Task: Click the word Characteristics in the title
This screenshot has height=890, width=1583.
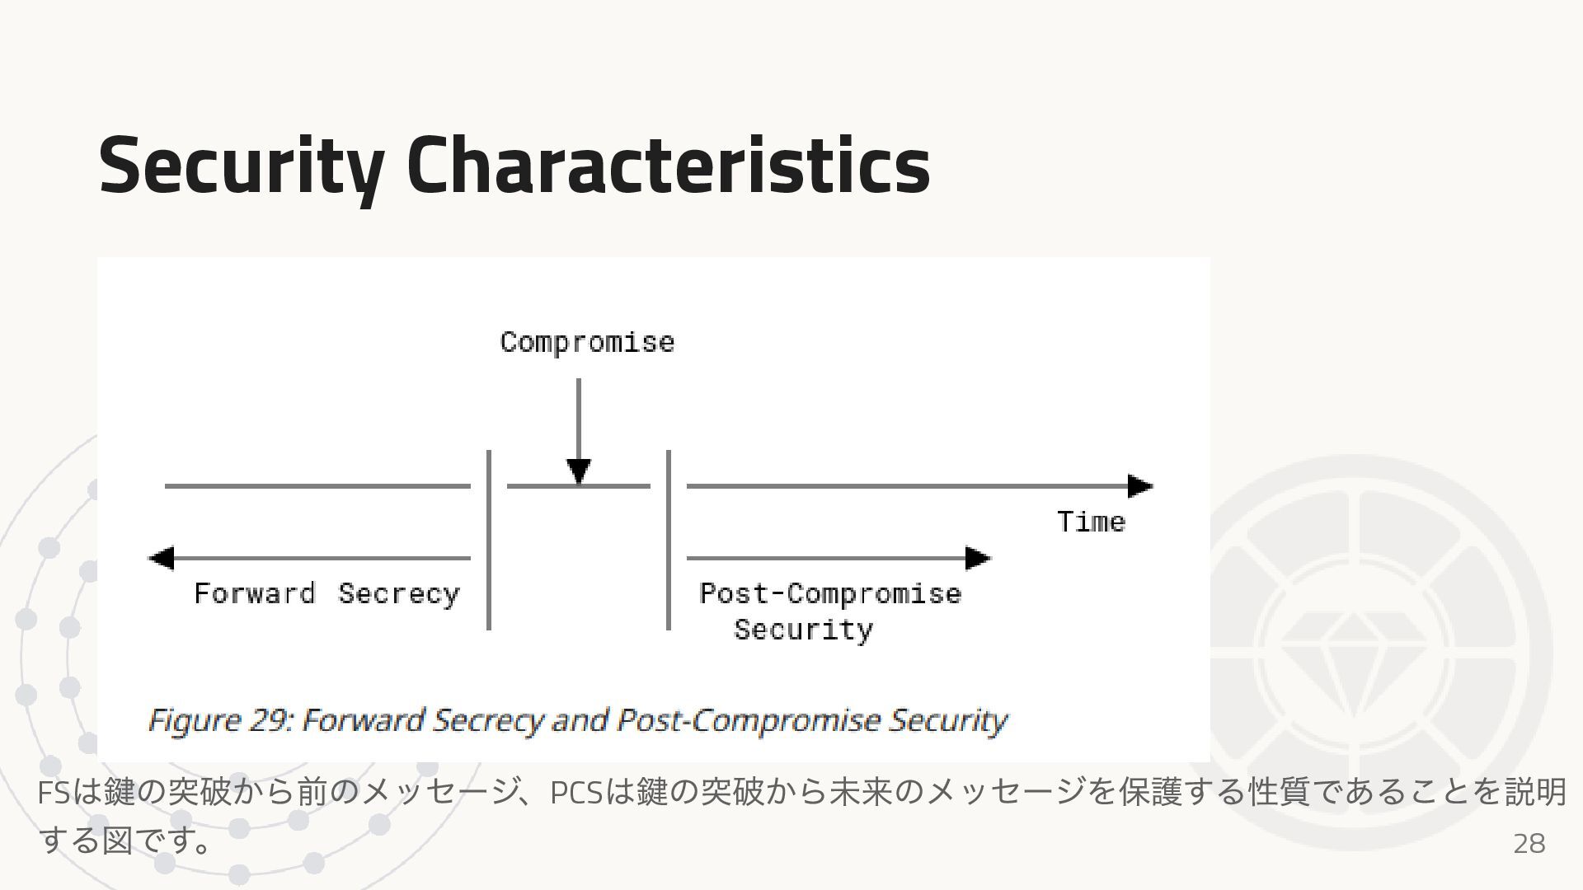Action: [x=668, y=166]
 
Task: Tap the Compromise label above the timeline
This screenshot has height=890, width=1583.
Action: [x=587, y=342]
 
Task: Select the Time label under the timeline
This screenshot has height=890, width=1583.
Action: [x=1091, y=522]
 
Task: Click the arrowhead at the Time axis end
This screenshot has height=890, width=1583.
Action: [x=1140, y=486]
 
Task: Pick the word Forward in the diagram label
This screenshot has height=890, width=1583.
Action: [x=255, y=593]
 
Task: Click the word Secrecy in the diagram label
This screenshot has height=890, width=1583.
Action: [x=399, y=593]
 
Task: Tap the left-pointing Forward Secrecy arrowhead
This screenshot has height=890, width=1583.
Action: [x=161, y=558]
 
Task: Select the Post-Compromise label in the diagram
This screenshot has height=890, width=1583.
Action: [x=830, y=593]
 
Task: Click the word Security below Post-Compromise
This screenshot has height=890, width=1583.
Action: [x=803, y=630]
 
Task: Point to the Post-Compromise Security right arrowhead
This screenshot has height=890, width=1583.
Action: [x=978, y=558]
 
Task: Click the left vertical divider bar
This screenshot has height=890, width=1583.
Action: [x=489, y=540]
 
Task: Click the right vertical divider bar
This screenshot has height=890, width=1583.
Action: [x=668, y=540]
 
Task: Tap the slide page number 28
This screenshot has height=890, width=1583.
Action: [x=1529, y=843]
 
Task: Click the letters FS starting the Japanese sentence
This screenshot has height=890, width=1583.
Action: [x=54, y=793]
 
